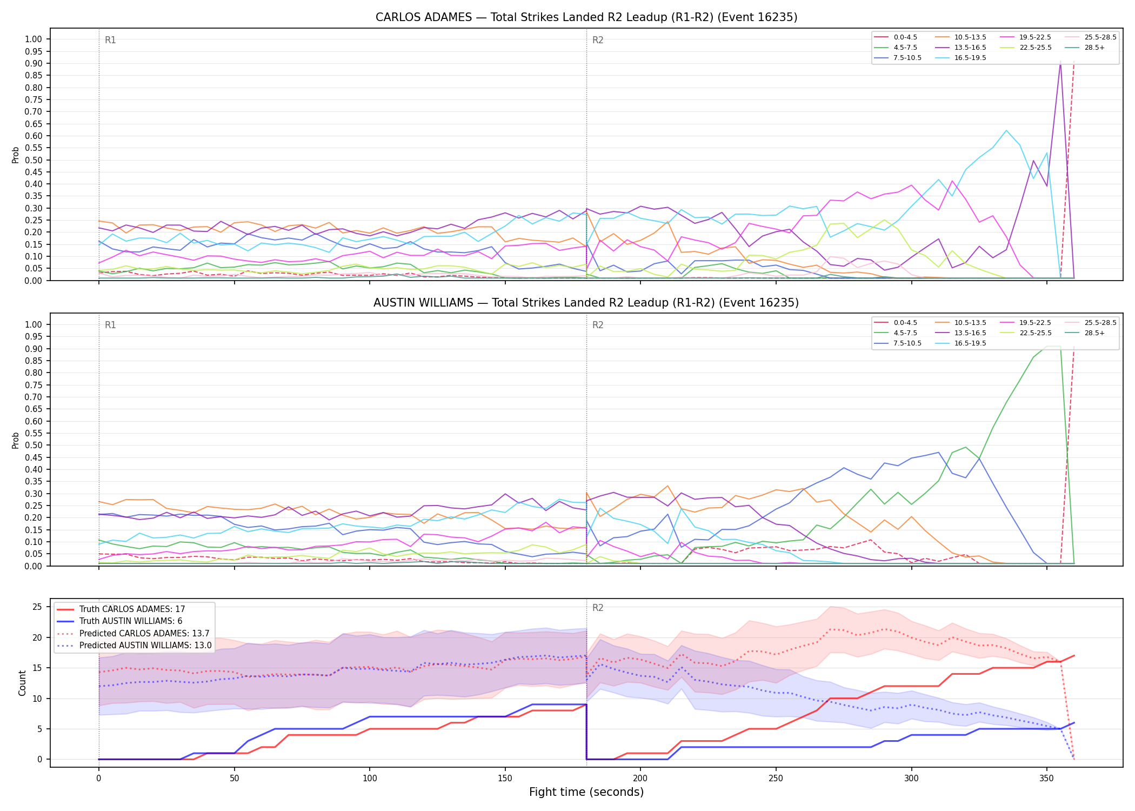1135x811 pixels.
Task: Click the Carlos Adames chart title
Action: [586, 17]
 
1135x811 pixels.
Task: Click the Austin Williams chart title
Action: [586, 303]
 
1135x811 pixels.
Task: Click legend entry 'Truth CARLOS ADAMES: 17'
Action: [132, 609]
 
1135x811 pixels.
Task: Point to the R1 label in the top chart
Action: [110, 40]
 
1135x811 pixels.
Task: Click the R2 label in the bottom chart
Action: [598, 608]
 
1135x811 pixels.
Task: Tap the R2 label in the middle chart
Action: [598, 325]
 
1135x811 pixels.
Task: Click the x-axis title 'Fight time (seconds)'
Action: [586, 793]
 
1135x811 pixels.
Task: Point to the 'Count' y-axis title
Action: [22, 683]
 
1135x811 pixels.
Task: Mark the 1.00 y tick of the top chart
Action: [34, 39]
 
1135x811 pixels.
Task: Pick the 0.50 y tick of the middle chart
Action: [34, 446]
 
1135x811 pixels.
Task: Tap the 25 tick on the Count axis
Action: [37, 607]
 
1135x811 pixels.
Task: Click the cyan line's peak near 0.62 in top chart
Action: [1006, 130]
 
